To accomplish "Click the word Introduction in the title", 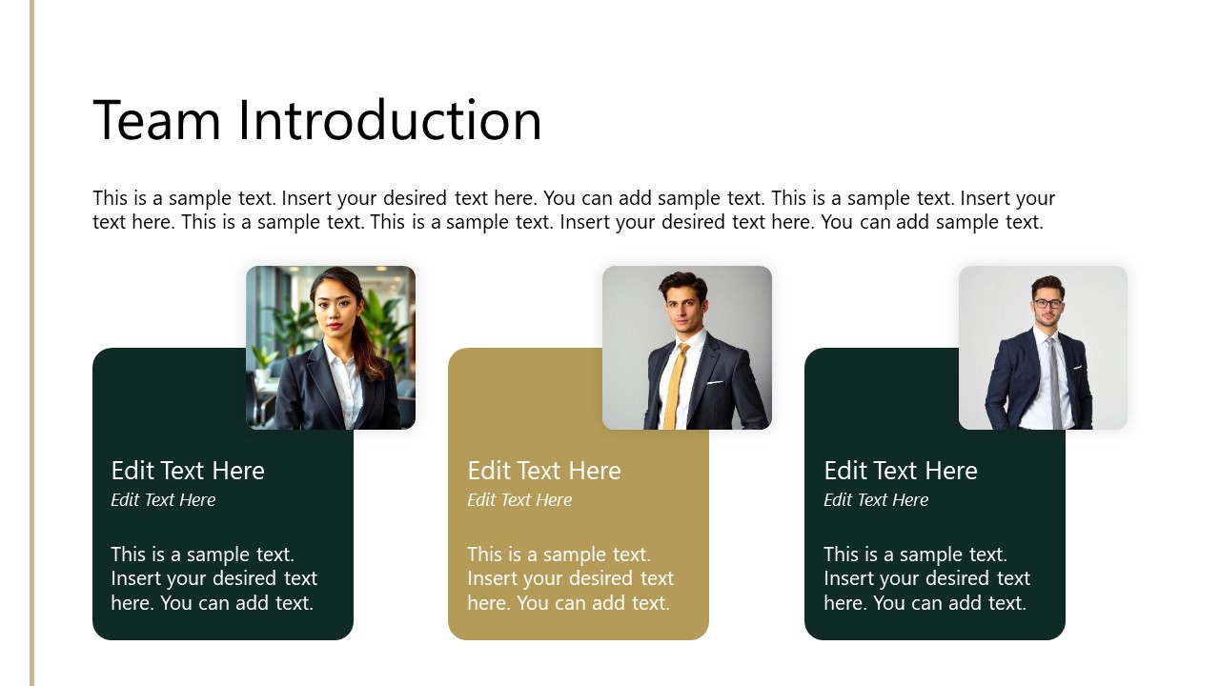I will click(390, 121).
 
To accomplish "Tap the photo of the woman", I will click(331, 348).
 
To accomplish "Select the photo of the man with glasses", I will click(1043, 348).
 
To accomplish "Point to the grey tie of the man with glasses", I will click(1053, 381).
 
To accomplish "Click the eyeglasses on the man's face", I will click(1047, 304).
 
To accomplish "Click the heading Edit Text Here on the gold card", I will click(544, 471).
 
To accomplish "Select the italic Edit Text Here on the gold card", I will click(519, 500).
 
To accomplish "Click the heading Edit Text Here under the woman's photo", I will click(188, 471).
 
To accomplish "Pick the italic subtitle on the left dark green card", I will click(163, 500).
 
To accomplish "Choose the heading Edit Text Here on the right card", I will click(901, 471).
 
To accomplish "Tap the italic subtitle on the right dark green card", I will click(876, 500).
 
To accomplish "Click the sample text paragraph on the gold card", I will click(570, 578).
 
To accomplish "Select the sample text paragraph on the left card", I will click(213, 578).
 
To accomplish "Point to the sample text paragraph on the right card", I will click(926, 578).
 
